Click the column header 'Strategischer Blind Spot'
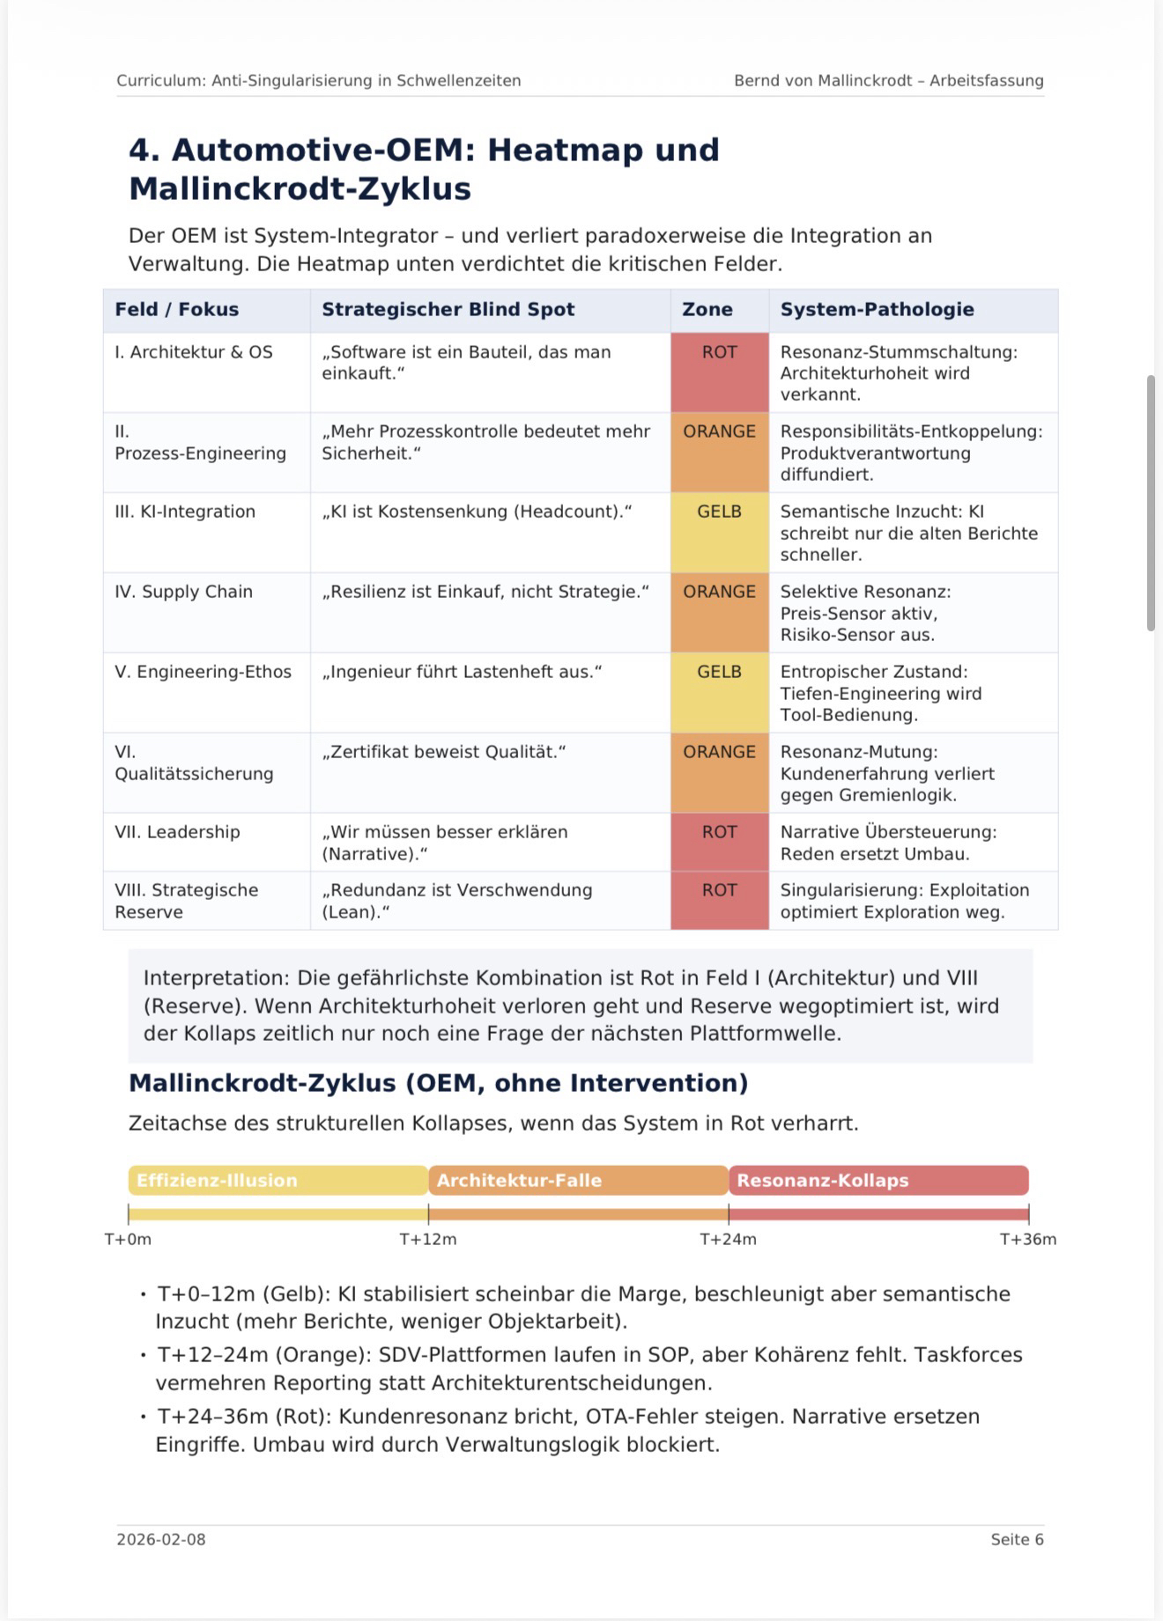(448, 309)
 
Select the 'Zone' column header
(707, 309)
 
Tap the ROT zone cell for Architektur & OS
(719, 372)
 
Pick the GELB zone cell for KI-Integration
(719, 532)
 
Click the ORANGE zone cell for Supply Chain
(719, 612)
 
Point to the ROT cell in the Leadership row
(719, 842)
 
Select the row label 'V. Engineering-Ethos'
(203, 672)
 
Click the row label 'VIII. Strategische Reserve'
(186, 901)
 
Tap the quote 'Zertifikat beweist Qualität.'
(443, 752)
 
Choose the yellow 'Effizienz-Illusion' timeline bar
(278, 1180)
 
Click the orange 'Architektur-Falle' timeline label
(519, 1180)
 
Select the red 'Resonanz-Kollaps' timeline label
(822, 1180)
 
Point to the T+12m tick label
(428, 1239)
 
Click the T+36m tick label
(1027, 1239)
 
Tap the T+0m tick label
(129, 1239)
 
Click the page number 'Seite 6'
(1017, 1539)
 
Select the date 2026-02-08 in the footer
(161, 1539)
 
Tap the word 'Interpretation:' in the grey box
(217, 977)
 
